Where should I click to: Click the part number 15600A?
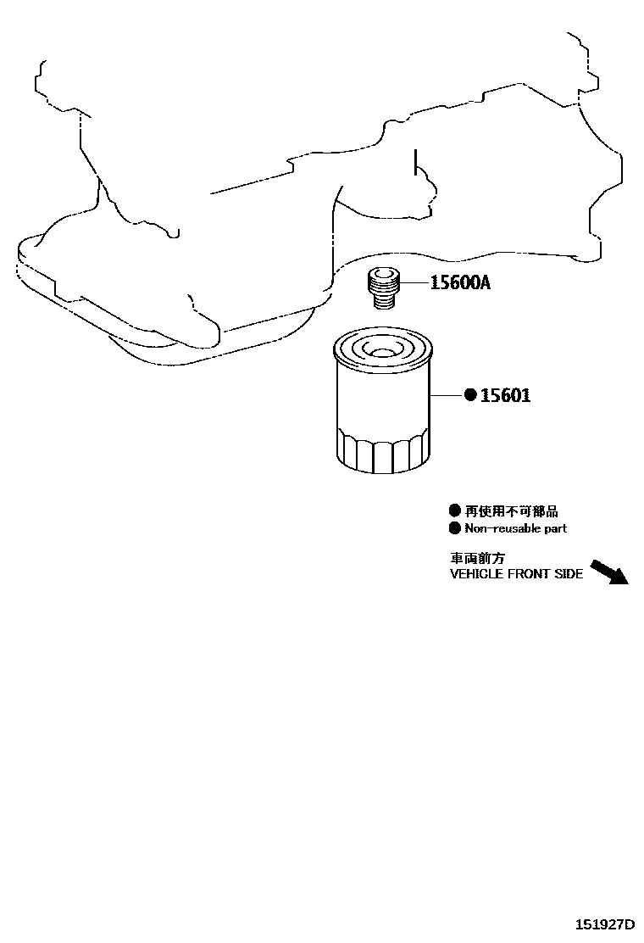(x=459, y=282)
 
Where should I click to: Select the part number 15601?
(x=505, y=394)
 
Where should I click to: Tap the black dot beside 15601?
(x=470, y=394)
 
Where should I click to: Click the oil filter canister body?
(x=383, y=399)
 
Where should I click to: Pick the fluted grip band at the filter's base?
(x=383, y=451)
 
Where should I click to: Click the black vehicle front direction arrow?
(x=608, y=572)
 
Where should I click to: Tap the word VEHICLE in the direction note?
(x=476, y=574)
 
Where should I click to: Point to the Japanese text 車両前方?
(x=477, y=559)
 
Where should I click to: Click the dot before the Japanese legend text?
(x=454, y=511)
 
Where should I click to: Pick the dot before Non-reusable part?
(x=454, y=528)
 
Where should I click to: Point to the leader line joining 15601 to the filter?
(x=446, y=394)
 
